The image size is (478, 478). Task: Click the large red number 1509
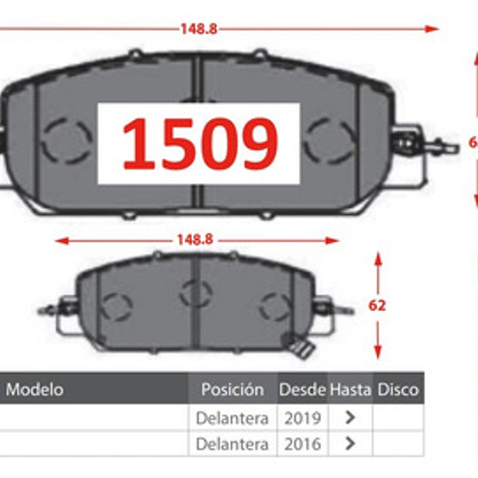pyautogui.click(x=199, y=143)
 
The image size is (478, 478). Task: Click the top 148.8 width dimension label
pyautogui.click(x=199, y=28)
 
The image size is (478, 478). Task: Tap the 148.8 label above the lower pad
pyautogui.click(x=194, y=240)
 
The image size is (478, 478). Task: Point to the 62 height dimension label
pyautogui.click(x=377, y=306)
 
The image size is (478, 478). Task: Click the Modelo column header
pyautogui.click(x=35, y=389)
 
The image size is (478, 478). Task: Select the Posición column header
pyautogui.click(x=232, y=389)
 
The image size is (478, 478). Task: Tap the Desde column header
pyautogui.click(x=302, y=389)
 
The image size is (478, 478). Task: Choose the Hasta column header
pyautogui.click(x=350, y=389)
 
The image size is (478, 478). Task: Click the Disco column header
pyautogui.click(x=397, y=389)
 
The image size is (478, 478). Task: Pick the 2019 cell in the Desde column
pyautogui.click(x=302, y=418)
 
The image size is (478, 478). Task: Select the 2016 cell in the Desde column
pyautogui.click(x=302, y=444)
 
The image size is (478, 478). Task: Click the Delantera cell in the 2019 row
pyautogui.click(x=232, y=418)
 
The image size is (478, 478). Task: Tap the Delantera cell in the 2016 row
pyautogui.click(x=232, y=444)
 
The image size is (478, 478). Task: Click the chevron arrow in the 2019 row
pyautogui.click(x=350, y=418)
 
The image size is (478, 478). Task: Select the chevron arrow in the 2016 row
pyautogui.click(x=350, y=444)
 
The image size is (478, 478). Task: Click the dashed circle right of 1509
pyautogui.click(x=329, y=140)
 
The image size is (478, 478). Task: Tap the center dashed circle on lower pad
pyautogui.click(x=195, y=293)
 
